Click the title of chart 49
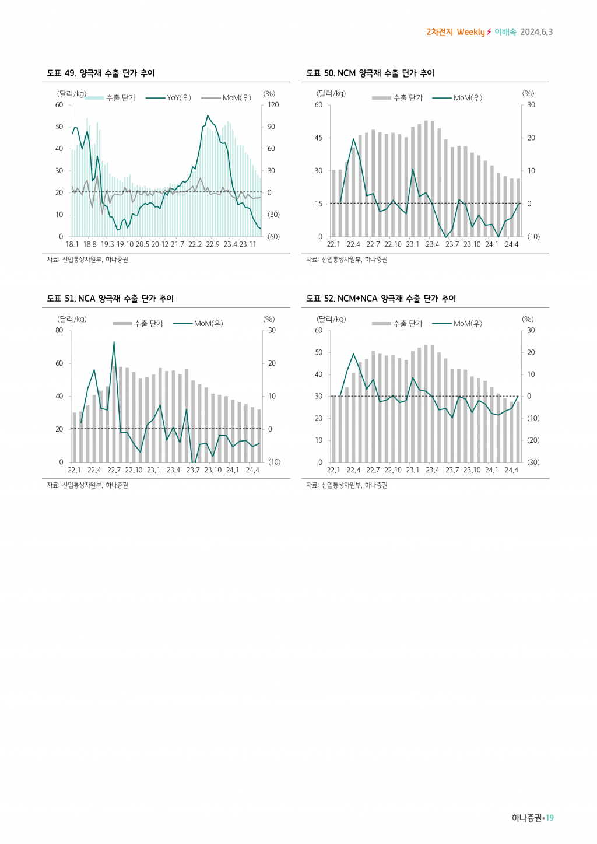[x=101, y=73]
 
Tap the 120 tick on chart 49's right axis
[x=273, y=105]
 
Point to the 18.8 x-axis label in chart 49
[x=90, y=244]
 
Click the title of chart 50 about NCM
[x=370, y=73]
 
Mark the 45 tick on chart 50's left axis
[x=318, y=138]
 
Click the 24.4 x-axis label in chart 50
[x=511, y=244]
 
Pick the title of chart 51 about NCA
[x=110, y=299]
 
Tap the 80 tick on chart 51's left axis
[x=59, y=331]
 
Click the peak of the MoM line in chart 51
[x=114, y=342]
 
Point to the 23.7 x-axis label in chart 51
[x=193, y=470]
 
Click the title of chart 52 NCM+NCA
[x=381, y=299]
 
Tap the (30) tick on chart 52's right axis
[x=533, y=463]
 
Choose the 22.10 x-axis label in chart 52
[x=393, y=470]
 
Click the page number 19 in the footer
[x=549, y=818]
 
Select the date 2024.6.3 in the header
[x=536, y=32]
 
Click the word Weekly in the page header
[x=471, y=32]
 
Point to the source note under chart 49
[x=87, y=260]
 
